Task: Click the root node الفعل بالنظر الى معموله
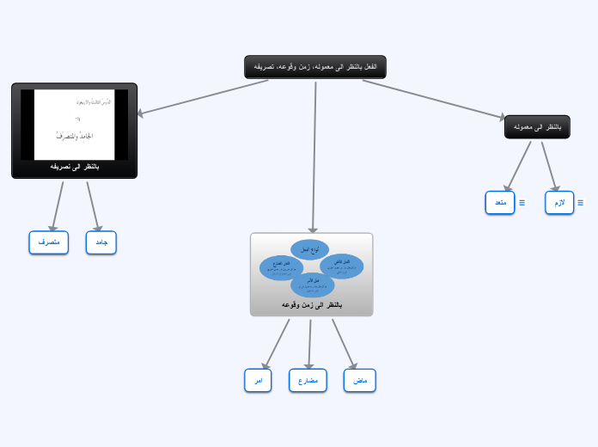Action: pyautogui.click(x=315, y=67)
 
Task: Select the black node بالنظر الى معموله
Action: pyautogui.click(x=537, y=127)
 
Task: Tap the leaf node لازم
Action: pyautogui.click(x=559, y=203)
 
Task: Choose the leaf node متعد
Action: pyautogui.click(x=500, y=203)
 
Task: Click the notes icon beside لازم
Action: pyautogui.click(x=580, y=203)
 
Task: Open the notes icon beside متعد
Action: pyautogui.click(x=522, y=203)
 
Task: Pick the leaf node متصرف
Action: pyautogui.click(x=48, y=243)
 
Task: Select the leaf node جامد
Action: pyautogui.click(x=101, y=243)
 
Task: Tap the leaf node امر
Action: pyautogui.click(x=258, y=380)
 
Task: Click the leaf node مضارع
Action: pyautogui.click(x=308, y=380)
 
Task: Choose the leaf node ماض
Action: pyautogui.click(x=360, y=380)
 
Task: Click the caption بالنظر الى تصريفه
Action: pyautogui.click(x=75, y=167)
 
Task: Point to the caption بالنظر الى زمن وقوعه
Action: pyautogui.click(x=312, y=305)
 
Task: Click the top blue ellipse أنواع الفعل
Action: pyautogui.click(x=309, y=249)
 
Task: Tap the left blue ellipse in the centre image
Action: pyautogui.click(x=282, y=267)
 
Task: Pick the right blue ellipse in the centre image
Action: pyautogui.click(x=342, y=266)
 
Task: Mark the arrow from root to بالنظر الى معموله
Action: pyautogui.click(x=434, y=99)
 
